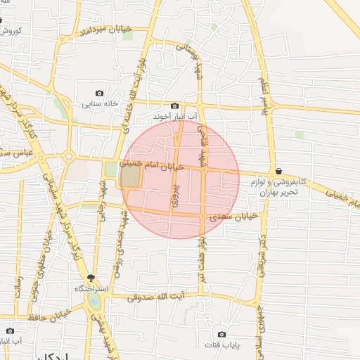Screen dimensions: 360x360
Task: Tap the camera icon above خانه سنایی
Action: [99, 94]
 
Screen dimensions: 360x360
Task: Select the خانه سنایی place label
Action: [99, 104]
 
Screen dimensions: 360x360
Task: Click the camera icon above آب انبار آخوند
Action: [175, 105]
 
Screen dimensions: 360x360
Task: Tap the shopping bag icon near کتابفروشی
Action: [279, 171]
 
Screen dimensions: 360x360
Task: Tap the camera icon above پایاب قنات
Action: [222, 334]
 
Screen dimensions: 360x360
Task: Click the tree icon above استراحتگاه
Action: [91, 279]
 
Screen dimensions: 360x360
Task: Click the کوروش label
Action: [12, 32]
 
